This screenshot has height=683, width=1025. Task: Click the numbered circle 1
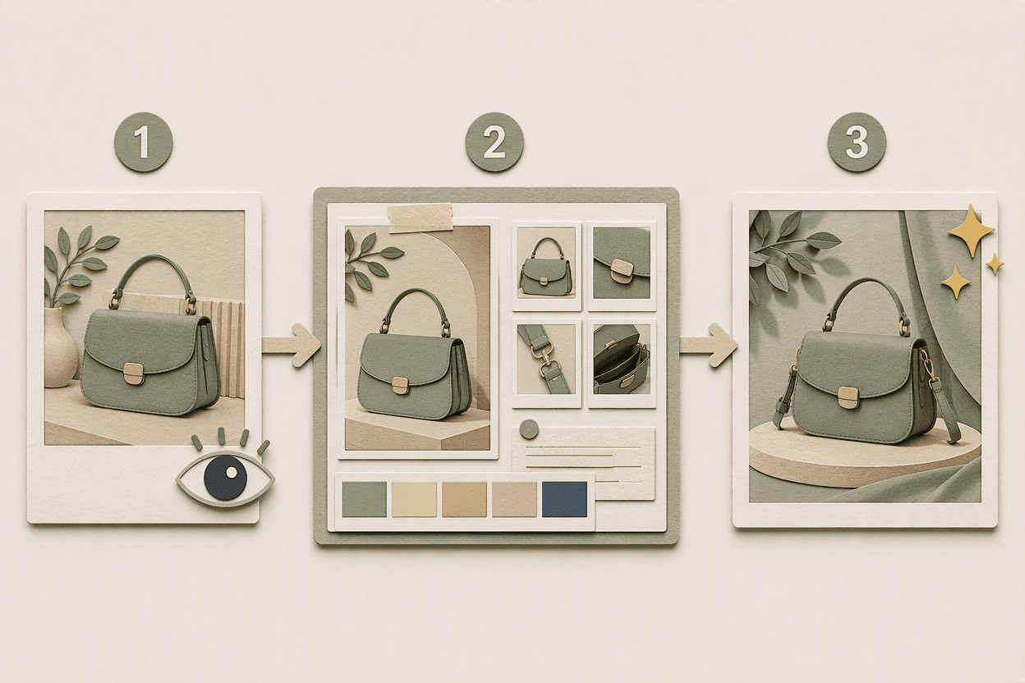coord(143,143)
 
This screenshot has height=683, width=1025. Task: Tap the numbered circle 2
coord(494,142)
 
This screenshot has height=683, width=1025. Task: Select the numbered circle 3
coord(857,142)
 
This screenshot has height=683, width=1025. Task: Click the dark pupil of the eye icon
coord(226,477)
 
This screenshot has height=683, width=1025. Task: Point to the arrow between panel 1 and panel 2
coord(291,345)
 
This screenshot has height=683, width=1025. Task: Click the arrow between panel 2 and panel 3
coord(708,345)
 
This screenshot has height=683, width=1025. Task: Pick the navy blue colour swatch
coord(564,499)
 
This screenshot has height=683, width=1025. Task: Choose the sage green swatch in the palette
coord(364,500)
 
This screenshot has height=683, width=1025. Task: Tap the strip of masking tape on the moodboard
coord(420,218)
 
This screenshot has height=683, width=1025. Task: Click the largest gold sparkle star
coord(971,231)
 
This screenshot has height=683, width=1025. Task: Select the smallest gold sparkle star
coord(995,264)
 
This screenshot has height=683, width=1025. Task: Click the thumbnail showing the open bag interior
coord(622,360)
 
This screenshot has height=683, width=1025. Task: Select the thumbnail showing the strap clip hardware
coord(546,360)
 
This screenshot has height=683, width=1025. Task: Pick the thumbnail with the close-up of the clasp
coord(622,263)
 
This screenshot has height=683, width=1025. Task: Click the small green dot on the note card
coord(529,429)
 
